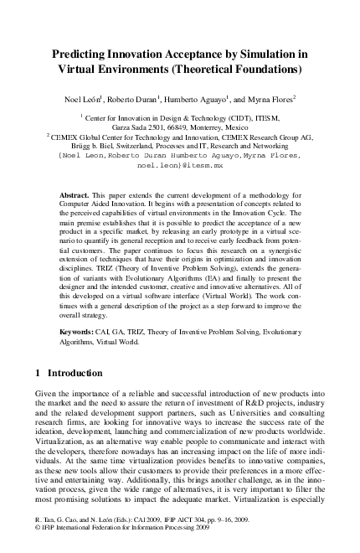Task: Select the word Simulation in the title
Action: point(265,54)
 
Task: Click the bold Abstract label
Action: point(75,194)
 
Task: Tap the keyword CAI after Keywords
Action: point(108,332)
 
